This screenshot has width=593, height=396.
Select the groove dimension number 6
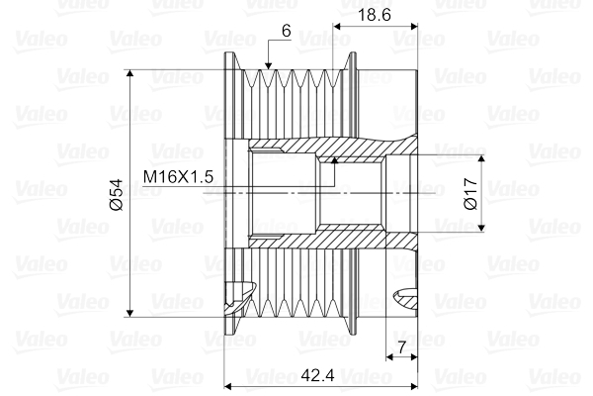pos(286,31)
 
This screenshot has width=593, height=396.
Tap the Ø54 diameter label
pos(116,193)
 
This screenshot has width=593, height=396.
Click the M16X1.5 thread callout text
pos(179,176)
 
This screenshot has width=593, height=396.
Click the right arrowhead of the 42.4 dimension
pos(412,384)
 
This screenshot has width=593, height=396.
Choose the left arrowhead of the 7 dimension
pos(388,358)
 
